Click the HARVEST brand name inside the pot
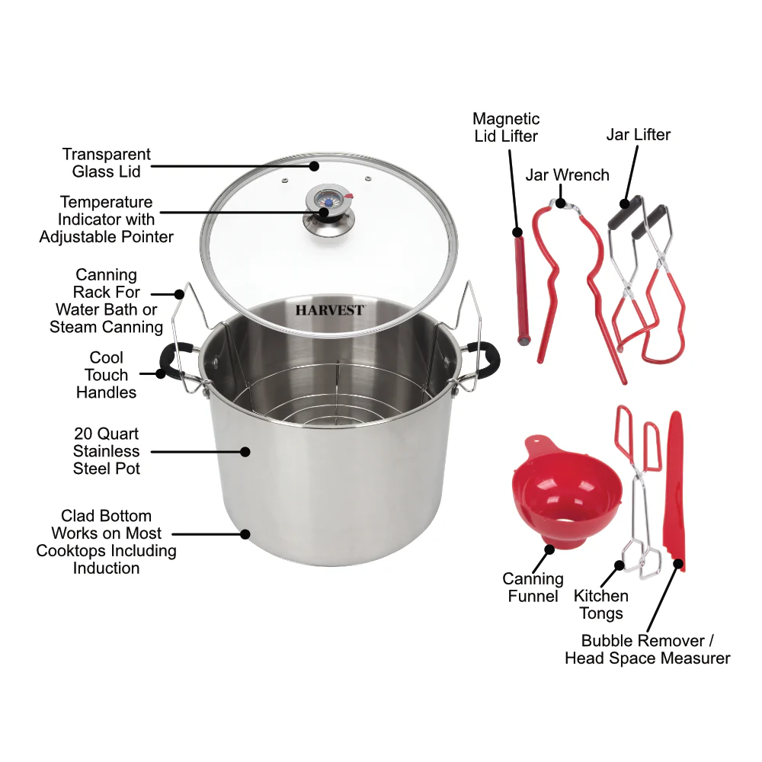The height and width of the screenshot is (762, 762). pos(330,310)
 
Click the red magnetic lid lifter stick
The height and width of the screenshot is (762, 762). pos(522,290)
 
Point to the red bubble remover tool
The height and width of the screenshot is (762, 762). pos(674,491)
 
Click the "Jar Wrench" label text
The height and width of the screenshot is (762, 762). pos(567,175)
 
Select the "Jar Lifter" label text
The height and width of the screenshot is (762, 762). pos(638,135)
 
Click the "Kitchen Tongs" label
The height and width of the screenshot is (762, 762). pos(601,604)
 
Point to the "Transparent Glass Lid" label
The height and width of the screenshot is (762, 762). pos(107,163)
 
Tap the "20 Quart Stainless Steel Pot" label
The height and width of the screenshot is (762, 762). pos(107,451)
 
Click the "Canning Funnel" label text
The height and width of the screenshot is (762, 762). pos(533,588)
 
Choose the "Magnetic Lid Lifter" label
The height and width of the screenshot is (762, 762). pos(507,127)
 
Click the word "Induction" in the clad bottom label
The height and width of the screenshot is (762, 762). pos(107,568)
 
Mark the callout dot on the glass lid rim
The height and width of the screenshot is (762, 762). pos(314,166)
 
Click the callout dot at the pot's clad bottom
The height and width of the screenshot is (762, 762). pos(245,534)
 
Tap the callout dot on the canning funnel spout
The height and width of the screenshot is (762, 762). pos(549,549)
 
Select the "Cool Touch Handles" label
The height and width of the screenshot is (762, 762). pos(107,375)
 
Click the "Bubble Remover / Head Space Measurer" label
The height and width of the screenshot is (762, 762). pos(647,649)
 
